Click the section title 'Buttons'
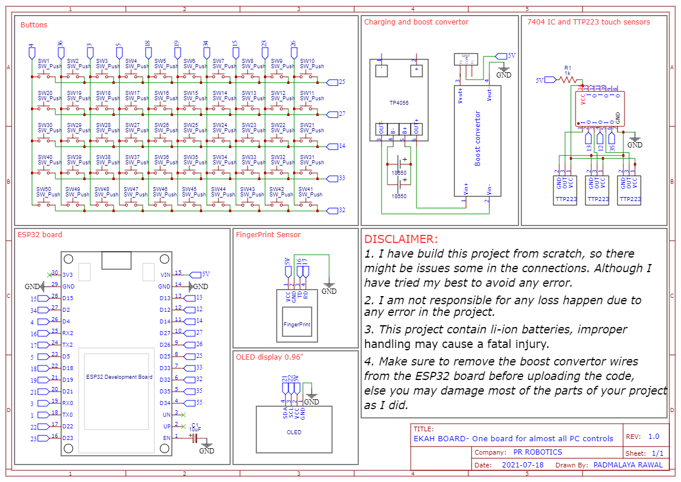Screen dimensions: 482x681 pos(34,25)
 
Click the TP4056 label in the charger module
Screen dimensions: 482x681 pos(399,103)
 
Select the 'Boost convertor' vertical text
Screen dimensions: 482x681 pos(478,139)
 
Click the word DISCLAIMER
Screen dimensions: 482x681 pos(400,239)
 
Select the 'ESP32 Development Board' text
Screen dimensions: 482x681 pos(119,377)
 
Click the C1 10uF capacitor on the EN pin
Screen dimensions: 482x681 pos(195,437)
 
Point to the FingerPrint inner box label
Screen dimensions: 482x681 pos(297,324)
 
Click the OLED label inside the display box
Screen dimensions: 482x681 pos(294,432)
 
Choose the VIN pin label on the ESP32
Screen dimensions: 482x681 pos(165,275)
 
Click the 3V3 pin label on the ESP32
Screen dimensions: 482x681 pos(68,275)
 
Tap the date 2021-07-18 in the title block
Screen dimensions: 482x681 pos(523,465)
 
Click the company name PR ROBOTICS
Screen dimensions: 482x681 pos(537,452)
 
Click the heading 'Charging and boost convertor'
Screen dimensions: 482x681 pos(416,22)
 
